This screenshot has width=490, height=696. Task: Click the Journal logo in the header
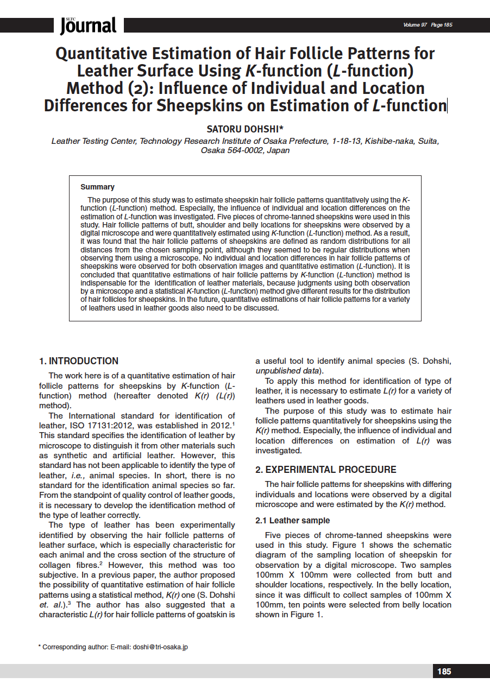coord(89,25)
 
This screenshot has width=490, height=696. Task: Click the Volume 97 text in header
coord(415,25)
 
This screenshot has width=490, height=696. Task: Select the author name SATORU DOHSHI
coord(245,129)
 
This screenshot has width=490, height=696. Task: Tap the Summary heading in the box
coord(97,187)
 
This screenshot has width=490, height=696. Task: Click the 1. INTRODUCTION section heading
coord(79,361)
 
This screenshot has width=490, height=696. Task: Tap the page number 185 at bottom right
coord(444,672)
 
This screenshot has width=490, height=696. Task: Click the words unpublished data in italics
coord(287,371)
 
